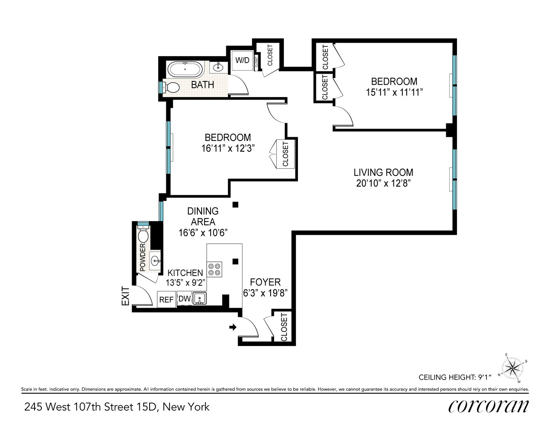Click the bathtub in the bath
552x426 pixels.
(185, 69)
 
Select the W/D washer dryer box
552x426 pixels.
(242, 60)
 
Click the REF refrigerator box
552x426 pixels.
(166, 299)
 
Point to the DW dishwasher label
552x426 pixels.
(184, 299)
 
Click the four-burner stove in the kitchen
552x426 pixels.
(214, 269)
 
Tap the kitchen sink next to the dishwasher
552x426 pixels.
(199, 298)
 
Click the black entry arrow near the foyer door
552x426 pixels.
(233, 327)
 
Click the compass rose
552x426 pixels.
(512, 367)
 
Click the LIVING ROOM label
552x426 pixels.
(383, 173)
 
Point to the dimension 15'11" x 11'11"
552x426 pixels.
(394, 92)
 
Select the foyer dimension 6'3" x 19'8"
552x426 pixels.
(265, 293)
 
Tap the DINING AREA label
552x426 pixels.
(203, 216)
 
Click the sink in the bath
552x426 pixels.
(218, 67)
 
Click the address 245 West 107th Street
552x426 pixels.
(116, 407)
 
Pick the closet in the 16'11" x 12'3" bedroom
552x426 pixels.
(285, 154)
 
